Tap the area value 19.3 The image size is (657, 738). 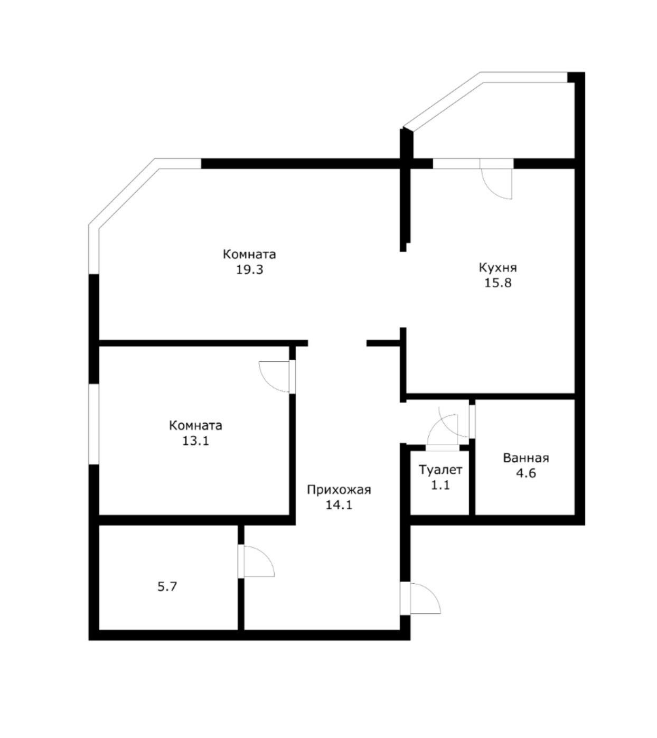coord(249,269)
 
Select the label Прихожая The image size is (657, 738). coord(339,490)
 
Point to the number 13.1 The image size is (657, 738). coord(195,440)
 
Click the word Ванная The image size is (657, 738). coord(525,458)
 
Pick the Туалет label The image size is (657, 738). coord(440,470)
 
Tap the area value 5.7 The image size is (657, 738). coord(167,586)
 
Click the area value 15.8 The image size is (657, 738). coord(498,283)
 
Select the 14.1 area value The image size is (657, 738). coord(339,505)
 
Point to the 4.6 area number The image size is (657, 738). coord(525,473)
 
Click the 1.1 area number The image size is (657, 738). coord(440,485)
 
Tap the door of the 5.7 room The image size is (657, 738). coord(257,562)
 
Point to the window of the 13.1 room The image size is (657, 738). coord(94,424)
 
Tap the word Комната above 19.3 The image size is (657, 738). coord(249,254)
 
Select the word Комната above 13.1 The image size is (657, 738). coord(195,425)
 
